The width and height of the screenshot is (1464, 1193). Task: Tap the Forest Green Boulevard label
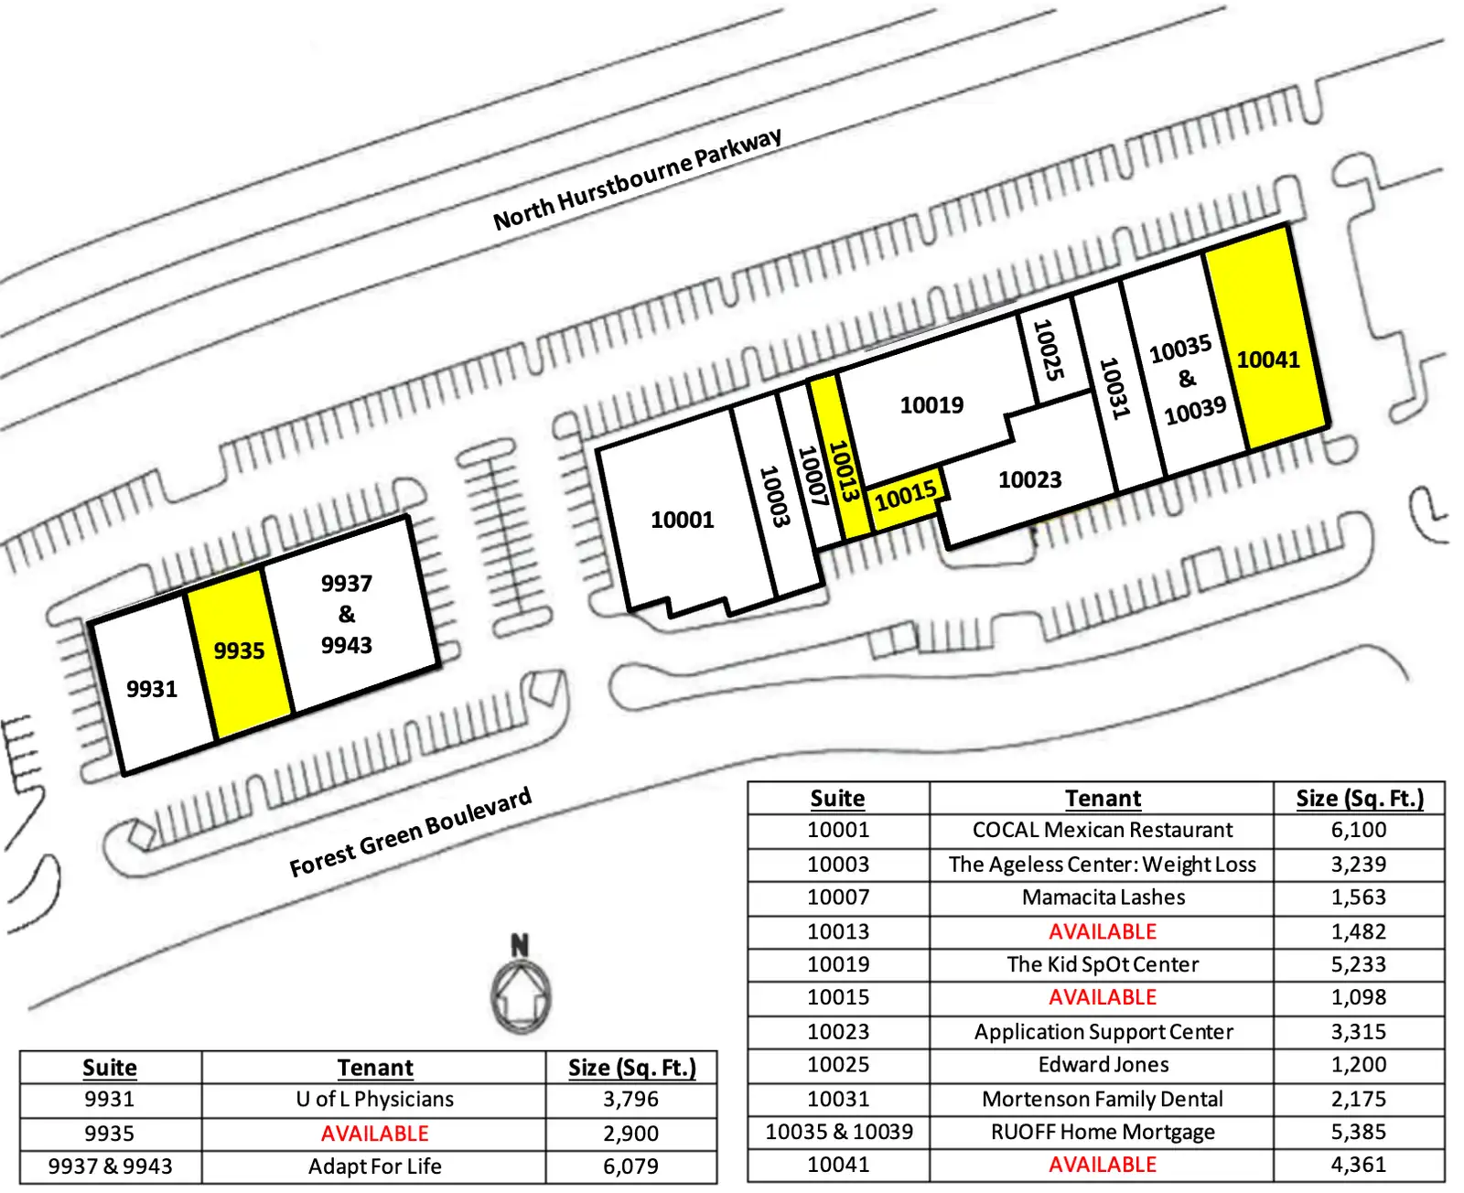click(x=410, y=832)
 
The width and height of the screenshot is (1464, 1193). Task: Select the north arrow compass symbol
click(x=521, y=984)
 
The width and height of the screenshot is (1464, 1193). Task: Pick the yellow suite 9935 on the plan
click(x=239, y=653)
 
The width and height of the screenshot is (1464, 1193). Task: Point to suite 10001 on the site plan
click(x=683, y=520)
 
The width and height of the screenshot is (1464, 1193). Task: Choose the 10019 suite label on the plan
click(x=931, y=404)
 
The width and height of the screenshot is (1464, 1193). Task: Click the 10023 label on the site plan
click(x=1029, y=479)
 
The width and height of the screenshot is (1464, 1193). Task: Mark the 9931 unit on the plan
click(x=151, y=687)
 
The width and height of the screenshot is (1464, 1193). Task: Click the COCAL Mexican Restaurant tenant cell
click(x=1102, y=830)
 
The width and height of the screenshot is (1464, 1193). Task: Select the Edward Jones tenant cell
click(x=1103, y=1065)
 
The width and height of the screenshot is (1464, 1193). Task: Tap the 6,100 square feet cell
click(x=1358, y=830)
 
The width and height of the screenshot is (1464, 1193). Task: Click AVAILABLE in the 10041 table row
click(x=1103, y=1164)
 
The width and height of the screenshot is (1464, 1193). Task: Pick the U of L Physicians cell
click(x=374, y=1099)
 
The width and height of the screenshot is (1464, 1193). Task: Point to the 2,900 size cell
click(x=630, y=1134)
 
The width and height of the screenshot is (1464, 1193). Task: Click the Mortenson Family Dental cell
click(x=1102, y=1099)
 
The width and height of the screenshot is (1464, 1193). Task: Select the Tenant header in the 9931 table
click(x=374, y=1068)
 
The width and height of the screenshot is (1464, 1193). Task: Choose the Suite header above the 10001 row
click(x=837, y=798)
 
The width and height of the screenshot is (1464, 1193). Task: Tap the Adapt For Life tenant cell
click(x=374, y=1166)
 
